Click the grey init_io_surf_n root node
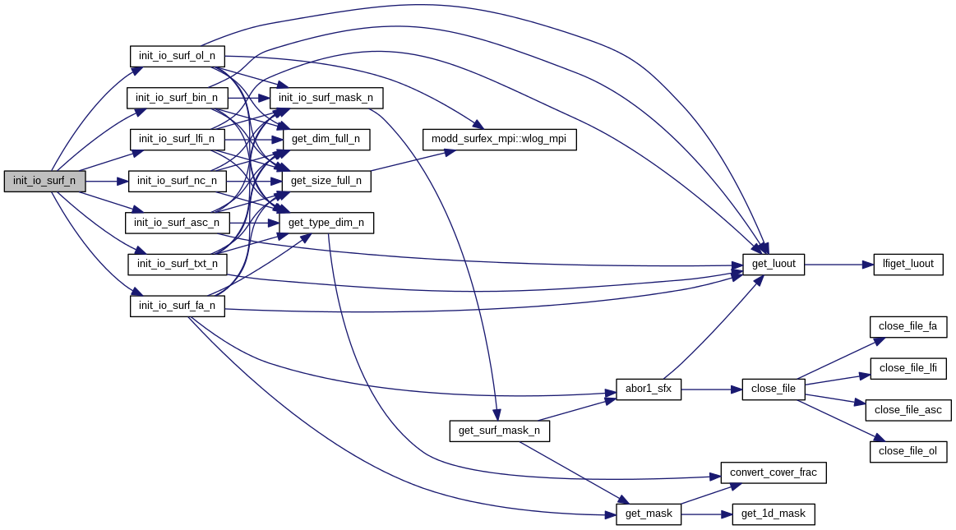click(x=44, y=181)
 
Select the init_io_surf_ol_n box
click(x=177, y=56)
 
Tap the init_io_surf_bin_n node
click(x=177, y=98)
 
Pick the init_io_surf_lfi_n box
click(x=177, y=139)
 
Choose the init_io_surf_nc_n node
click(x=177, y=181)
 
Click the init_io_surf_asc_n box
click(x=177, y=223)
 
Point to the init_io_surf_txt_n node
click(x=177, y=264)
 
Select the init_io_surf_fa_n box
click(x=177, y=306)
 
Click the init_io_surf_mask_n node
click(x=326, y=98)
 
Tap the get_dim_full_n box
click(x=326, y=140)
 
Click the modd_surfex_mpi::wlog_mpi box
click(x=499, y=140)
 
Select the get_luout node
click(x=774, y=265)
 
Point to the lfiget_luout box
click(x=908, y=265)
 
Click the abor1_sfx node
click(x=649, y=389)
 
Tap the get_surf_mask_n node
click(x=499, y=431)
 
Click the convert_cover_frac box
click(x=773, y=472)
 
